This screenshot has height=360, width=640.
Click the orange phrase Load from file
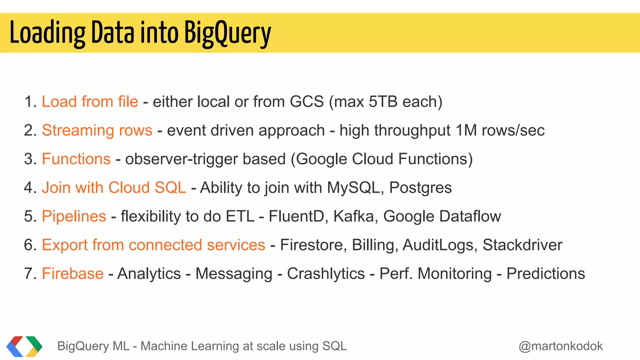(x=90, y=102)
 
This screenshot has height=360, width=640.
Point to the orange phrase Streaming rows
(x=97, y=130)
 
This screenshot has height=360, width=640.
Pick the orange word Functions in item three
(x=76, y=159)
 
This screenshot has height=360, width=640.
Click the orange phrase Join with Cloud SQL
(x=114, y=187)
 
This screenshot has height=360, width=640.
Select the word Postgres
(x=420, y=187)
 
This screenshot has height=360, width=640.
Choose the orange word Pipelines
(x=74, y=216)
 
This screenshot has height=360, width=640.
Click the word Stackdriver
(x=522, y=245)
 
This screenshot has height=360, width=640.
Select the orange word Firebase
(x=73, y=273)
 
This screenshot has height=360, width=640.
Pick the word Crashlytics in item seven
(x=326, y=273)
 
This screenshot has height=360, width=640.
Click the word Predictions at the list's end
(x=546, y=273)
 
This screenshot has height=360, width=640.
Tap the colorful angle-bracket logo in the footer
(x=24, y=346)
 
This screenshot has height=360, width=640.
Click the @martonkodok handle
(x=561, y=346)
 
